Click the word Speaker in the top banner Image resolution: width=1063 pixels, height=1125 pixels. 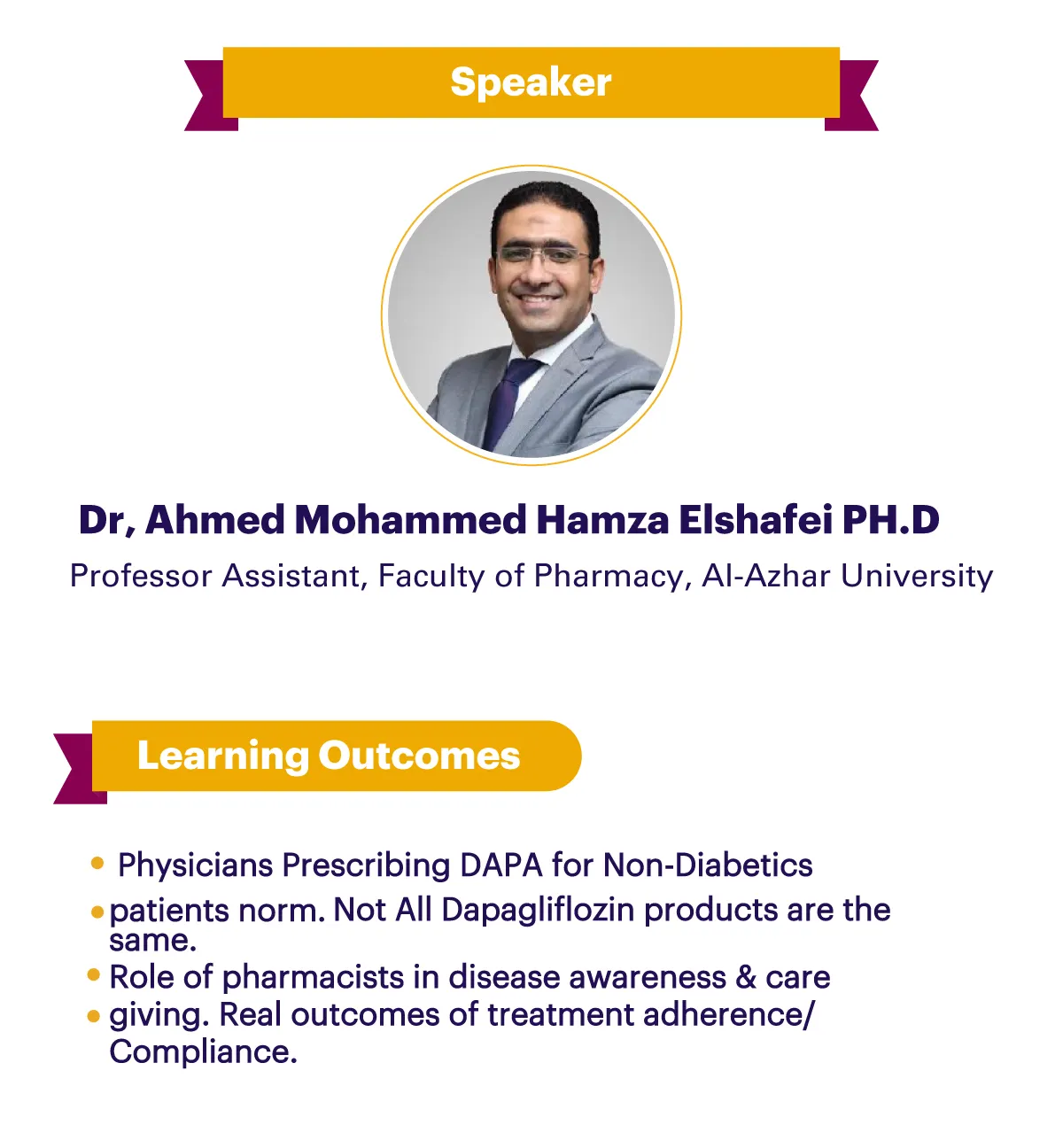click(531, 82)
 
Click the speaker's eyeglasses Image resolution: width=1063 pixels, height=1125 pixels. click(543, 255)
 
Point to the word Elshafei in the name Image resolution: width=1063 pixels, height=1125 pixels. click(756, 519)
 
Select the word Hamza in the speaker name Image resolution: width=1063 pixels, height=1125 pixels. click(603, 519)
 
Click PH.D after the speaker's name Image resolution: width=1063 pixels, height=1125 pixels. click(891, 519)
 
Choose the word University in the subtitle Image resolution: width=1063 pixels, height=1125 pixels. click(917, 577)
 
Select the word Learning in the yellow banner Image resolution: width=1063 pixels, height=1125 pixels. click(222, 756)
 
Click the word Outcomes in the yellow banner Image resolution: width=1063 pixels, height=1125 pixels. click(419, 756)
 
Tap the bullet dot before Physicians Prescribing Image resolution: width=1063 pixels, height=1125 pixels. click(97, 863)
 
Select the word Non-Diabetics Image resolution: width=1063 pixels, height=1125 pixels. click(708, 865)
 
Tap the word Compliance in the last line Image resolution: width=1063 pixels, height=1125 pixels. click(203, 1053)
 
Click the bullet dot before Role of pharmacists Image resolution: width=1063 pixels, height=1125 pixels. click(94, 975)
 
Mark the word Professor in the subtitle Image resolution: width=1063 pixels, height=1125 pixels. click(141, 577)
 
